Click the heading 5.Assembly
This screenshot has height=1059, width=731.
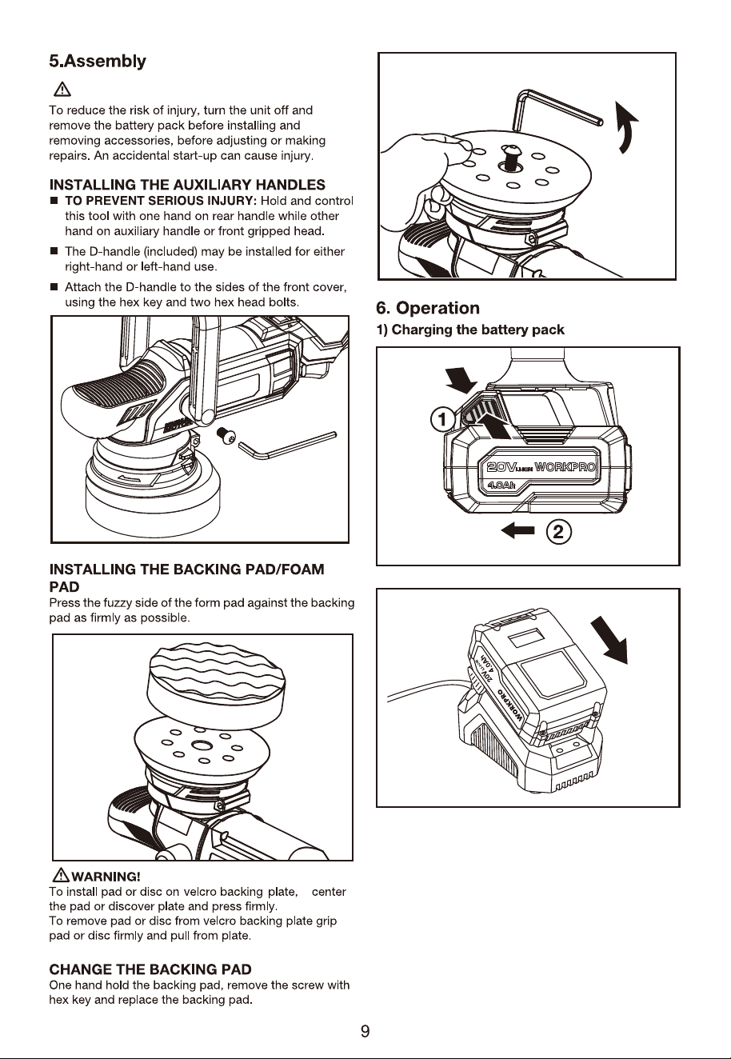(x=98, y=62)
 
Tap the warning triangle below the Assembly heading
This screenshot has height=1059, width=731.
(x=62, y=89)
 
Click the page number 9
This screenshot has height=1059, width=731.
(x=365, y=1031)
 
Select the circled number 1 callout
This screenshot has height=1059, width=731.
(x=442, y=419)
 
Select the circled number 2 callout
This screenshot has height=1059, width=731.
(x=558, y=532)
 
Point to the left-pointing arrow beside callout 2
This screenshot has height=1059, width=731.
(x=517, y=531)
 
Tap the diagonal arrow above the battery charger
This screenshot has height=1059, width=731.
(x=610, y=640)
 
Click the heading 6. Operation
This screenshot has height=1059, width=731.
(x=428, y=308)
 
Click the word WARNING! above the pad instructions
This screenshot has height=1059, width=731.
(x=106, y=877)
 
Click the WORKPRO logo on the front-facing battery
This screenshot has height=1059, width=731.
(x=565, y=467)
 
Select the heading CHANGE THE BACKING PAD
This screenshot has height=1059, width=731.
(x=150, y=969)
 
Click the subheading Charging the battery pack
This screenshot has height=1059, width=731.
(x=470, y=330)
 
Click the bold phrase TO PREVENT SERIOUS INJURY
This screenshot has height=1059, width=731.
(x=161, y=201)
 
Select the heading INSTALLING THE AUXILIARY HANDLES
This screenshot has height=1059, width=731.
(x=187, y=185)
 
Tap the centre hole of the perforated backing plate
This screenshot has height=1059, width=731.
(x=202, y=745)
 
